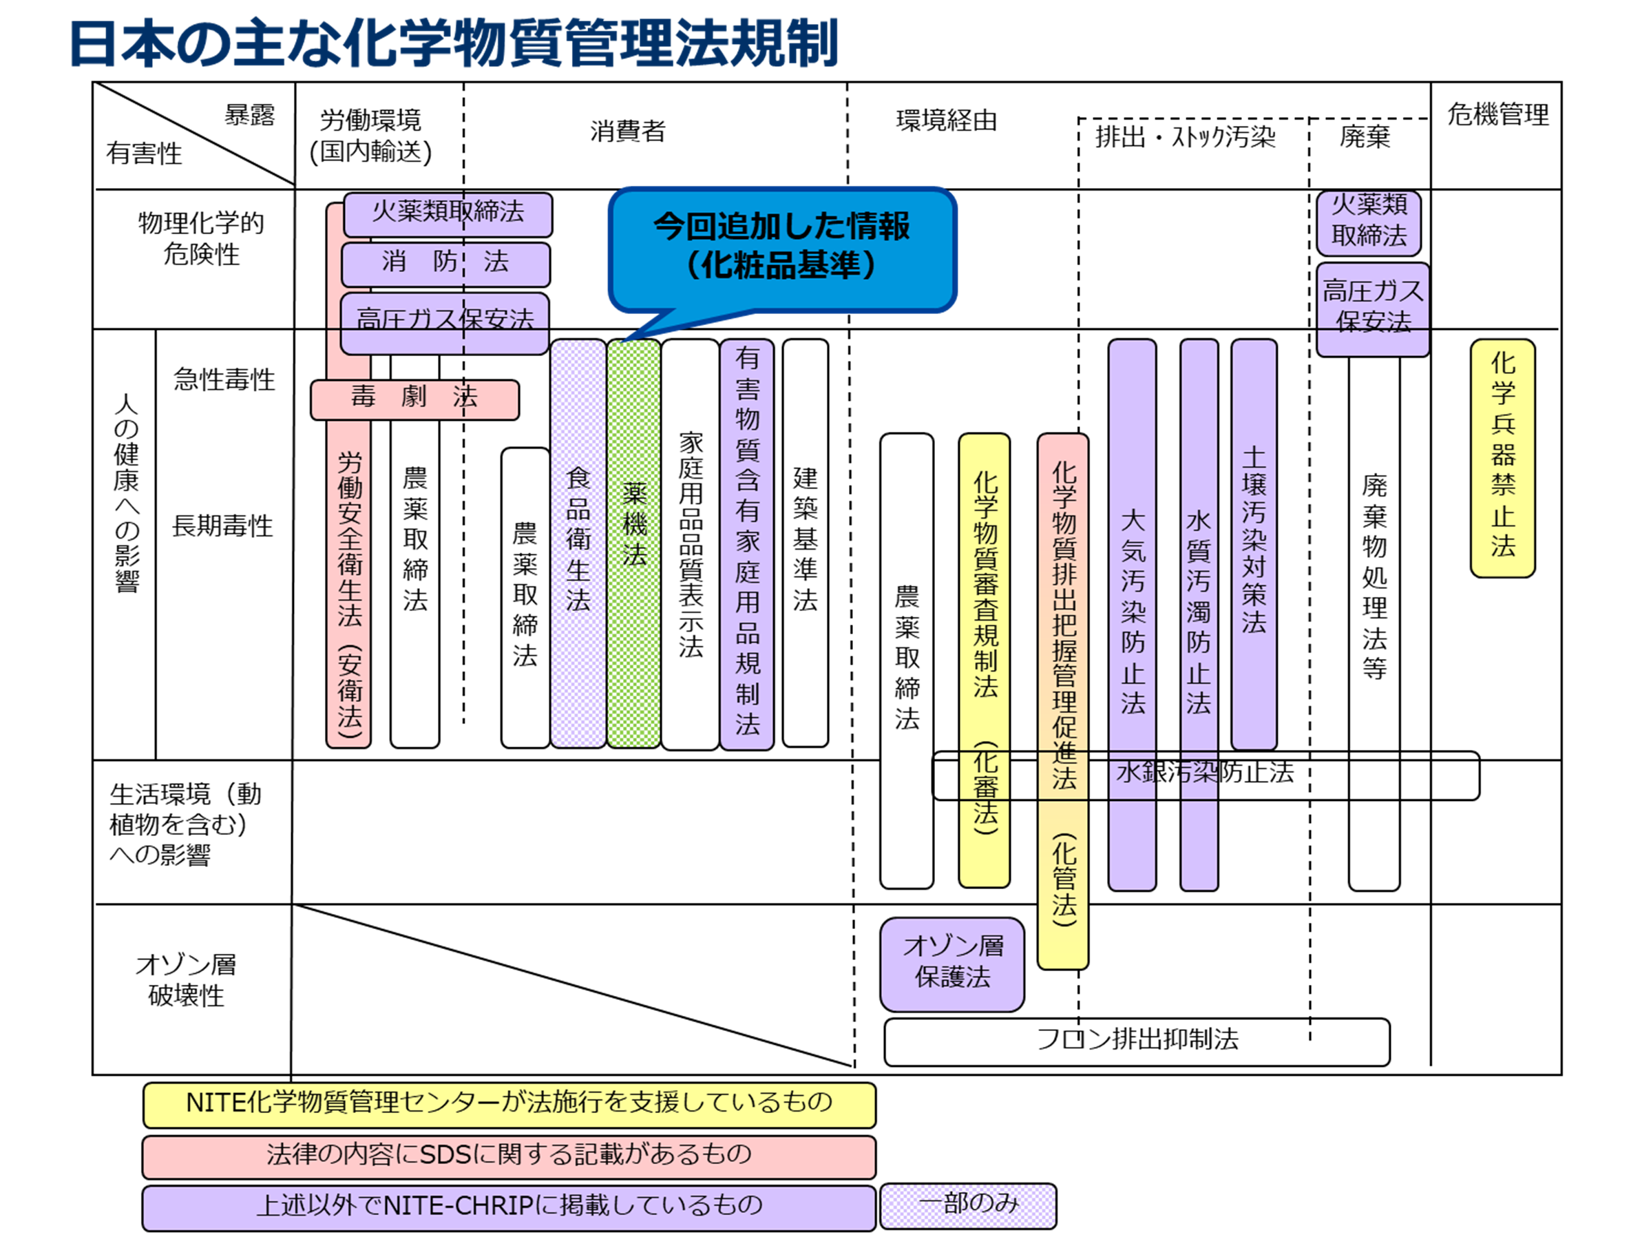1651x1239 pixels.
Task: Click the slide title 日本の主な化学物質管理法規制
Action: pyautogui.click(x=454, y=43)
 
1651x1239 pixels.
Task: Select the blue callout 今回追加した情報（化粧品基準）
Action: pyautogui.click(x=781, y=247)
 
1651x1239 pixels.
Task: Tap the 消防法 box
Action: pyautogui.click(x=445, y=263)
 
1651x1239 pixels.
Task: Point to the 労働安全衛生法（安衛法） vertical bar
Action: pyautogui.click(x=348, y=590)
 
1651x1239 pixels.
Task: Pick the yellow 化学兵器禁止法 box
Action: pyautogui.click(x=1502, y=457)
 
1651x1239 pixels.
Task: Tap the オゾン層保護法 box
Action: pyautogui.click(x=951, y=964)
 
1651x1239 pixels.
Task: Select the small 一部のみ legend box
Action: pyautogui.click(x=968, y=1205)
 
